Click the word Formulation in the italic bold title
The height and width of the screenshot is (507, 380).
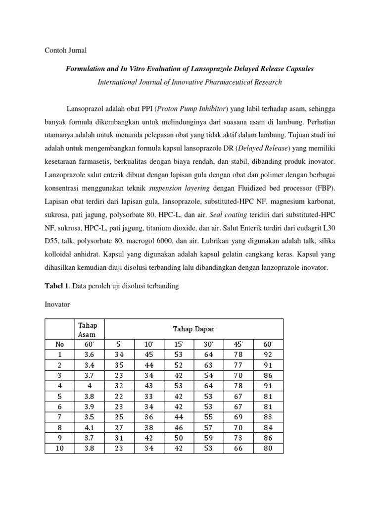(x=86, y=69)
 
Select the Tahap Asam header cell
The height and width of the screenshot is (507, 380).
(x=88, y=329)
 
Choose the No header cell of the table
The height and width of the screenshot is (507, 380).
(x=59, y=345)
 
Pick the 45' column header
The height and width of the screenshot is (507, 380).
(x=238, y=345)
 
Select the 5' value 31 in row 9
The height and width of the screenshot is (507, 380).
(x=120, y=438)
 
